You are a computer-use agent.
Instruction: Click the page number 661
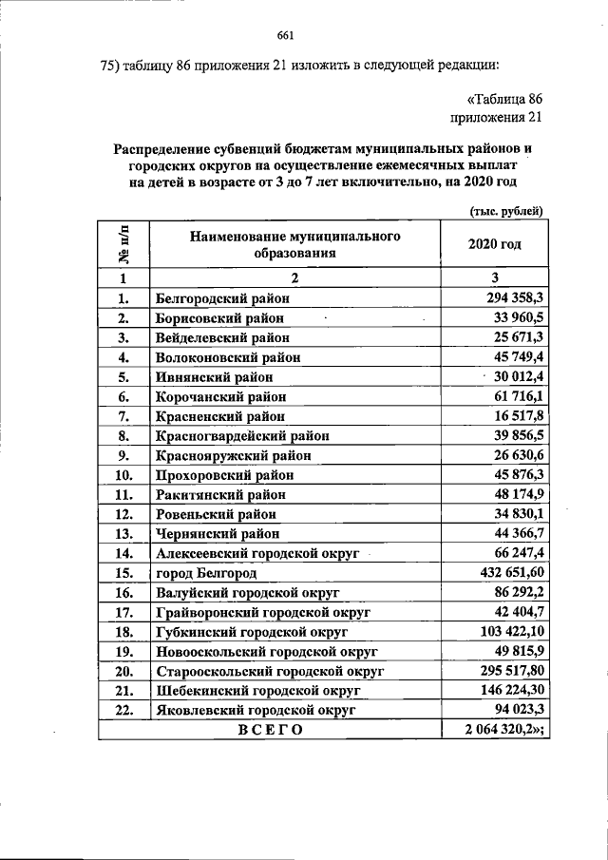click(286, 36)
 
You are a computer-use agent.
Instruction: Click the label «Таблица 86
click(504, 99)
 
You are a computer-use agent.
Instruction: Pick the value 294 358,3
click(512, 297)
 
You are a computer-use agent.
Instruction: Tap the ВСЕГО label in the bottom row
click(270, 729)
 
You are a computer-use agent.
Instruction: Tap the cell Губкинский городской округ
click(252, 631)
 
